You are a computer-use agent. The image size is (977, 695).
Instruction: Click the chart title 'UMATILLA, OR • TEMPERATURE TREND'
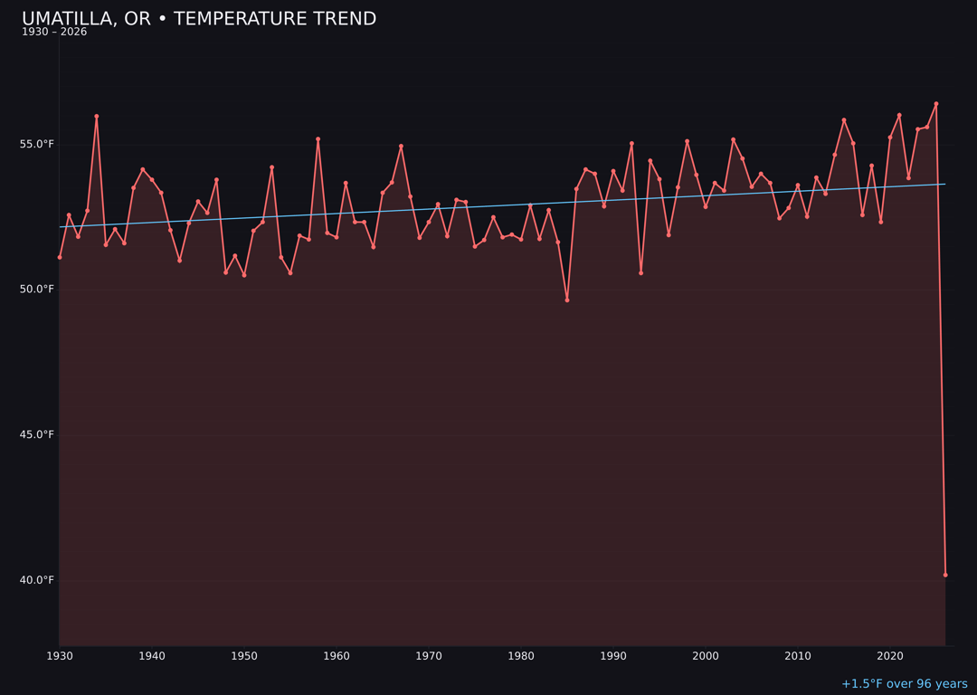[x=199, y=19]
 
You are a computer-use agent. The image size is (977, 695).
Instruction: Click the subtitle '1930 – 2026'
[x=54, y=33]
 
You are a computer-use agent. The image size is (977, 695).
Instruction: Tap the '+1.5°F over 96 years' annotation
[x=904, y=684]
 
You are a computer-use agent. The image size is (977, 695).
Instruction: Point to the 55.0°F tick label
[x=38, y=145]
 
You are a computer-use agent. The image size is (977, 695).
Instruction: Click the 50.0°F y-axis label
[x=38, y=290]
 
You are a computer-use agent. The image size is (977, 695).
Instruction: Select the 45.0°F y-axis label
[x=38, y=434]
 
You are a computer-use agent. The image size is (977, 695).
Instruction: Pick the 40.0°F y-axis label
[x=38, y=580]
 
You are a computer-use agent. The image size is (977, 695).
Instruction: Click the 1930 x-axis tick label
[x=60, y=656]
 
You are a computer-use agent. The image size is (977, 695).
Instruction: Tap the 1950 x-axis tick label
[x=244, y=656]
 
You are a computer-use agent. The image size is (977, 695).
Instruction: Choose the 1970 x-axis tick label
[x=429, y=656]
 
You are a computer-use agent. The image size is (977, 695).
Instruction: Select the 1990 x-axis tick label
[x=613, y=656]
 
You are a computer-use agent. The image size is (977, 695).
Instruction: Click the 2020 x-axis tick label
[x=890, y=656]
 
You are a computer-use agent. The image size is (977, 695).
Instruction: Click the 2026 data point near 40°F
[x=945, y=575]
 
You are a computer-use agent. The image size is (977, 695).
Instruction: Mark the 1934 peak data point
[x=97, y=116]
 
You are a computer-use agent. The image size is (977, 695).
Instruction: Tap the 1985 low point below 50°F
[x=567, y=300]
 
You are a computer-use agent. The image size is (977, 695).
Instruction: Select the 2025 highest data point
[x=936, y=104]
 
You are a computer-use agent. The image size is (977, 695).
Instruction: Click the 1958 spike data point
[x=318, y=139]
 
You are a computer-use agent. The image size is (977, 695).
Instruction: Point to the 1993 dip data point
[x=640, y=272]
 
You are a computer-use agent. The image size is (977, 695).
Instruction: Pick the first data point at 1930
[x=60, y=257]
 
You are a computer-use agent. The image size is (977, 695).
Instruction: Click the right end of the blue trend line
[x=944, y=185]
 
